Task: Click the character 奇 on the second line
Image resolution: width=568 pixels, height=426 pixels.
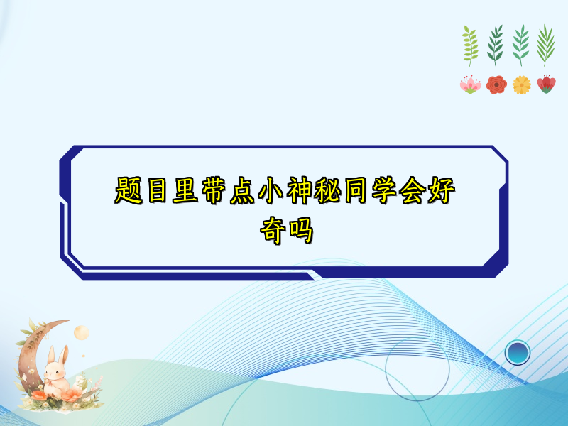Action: (x=271, y=231)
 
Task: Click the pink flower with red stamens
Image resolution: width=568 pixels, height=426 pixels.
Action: (x=470, y=85)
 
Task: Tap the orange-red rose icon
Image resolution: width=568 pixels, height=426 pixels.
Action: (x=496, y=85)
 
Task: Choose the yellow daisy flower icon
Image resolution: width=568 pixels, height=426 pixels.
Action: (x=522, y=85)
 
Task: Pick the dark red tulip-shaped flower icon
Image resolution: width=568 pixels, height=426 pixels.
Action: (x=546, y=84)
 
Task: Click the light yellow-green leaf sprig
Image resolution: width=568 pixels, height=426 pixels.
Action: (x=470, y=45)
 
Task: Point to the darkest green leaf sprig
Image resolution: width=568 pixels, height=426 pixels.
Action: (x=496, y=45)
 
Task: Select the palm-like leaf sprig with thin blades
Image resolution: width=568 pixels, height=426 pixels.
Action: (x=545, y=45)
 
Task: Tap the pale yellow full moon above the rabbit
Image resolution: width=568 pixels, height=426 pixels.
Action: (x=80, y=332)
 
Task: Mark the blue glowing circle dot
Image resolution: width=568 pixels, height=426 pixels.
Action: (x=518, y=351)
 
